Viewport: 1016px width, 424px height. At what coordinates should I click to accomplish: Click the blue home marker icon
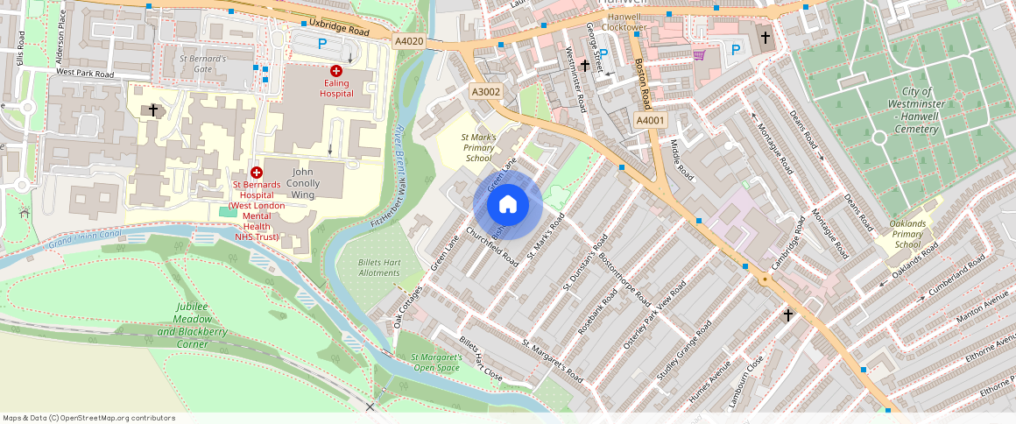point(507,205)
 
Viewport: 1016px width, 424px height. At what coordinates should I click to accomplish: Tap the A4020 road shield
point(408,41)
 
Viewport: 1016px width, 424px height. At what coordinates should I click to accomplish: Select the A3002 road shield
point(486,91)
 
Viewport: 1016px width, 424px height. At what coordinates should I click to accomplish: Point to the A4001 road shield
point(651,120)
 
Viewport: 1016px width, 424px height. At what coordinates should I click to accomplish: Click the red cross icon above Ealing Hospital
point(335,70)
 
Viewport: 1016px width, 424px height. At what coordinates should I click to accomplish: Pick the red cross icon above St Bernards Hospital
point(257,173)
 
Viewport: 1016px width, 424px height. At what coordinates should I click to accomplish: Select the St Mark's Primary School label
point(479,147)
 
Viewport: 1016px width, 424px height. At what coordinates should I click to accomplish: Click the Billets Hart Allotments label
point(379,267)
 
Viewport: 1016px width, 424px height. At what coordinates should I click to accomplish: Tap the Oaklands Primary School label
point(907,234)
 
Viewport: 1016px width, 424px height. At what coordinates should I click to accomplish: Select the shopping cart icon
point(698,55)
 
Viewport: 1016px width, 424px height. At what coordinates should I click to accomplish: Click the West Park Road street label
point(85,75)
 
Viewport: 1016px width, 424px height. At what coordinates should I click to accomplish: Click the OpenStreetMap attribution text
point(89,418)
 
